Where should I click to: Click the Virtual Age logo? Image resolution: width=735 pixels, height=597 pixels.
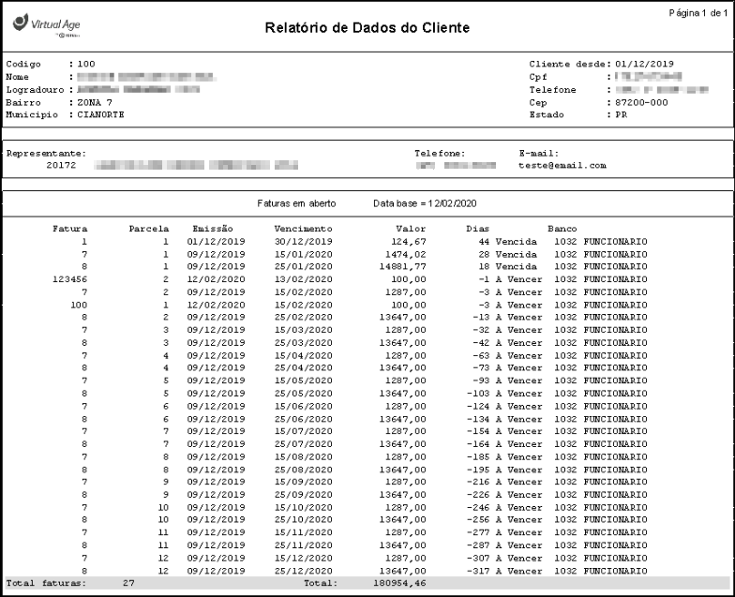[38, 23]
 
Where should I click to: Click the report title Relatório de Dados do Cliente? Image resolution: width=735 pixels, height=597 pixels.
[367, 29]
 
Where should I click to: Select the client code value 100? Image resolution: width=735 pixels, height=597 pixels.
[86, 64]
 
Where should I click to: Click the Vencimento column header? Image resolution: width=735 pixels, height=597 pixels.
[303, 228]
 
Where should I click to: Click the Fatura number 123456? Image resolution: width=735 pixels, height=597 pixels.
[70, 278]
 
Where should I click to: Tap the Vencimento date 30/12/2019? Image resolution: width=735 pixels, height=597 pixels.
[304, 241]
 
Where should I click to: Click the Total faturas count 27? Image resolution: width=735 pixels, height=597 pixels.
[128, 583]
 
